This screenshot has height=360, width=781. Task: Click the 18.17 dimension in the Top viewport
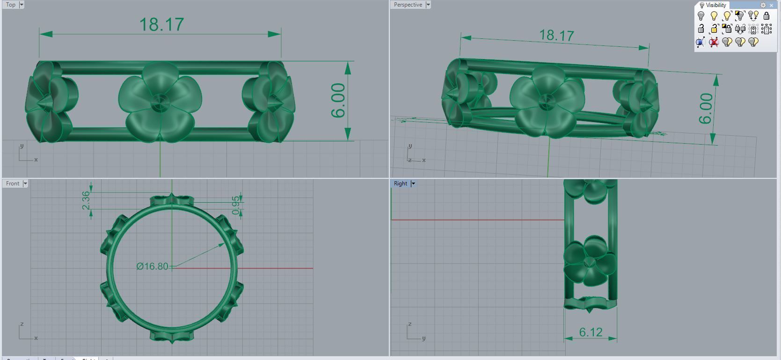point(161,24)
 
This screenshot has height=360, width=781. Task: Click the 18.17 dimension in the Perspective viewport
point(556,35)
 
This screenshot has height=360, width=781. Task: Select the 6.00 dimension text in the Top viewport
point(338,101)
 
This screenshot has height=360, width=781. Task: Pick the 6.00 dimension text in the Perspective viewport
point(706,109)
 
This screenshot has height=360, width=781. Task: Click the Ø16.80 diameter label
point(152,266)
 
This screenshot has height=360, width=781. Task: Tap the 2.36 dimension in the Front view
point(86,200)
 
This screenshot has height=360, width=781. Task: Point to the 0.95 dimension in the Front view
point(236,205)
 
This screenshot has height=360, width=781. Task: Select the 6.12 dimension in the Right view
point(591,332)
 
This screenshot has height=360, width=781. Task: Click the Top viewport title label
point(11,5)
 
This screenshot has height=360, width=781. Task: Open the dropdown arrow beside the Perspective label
point(428,5)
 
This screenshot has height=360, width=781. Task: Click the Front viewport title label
point(13,184)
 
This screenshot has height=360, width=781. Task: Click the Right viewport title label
point(401,184)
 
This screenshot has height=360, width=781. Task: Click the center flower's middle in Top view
point(161,101)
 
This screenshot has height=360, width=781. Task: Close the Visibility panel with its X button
point(771,5)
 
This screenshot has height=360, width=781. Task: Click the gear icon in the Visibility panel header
point(763,5)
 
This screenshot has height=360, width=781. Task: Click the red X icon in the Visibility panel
point(714,42)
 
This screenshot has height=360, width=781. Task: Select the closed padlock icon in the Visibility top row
point(766,16)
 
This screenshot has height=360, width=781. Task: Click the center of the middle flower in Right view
point(590,262)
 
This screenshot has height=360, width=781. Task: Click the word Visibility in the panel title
point(716,5)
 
